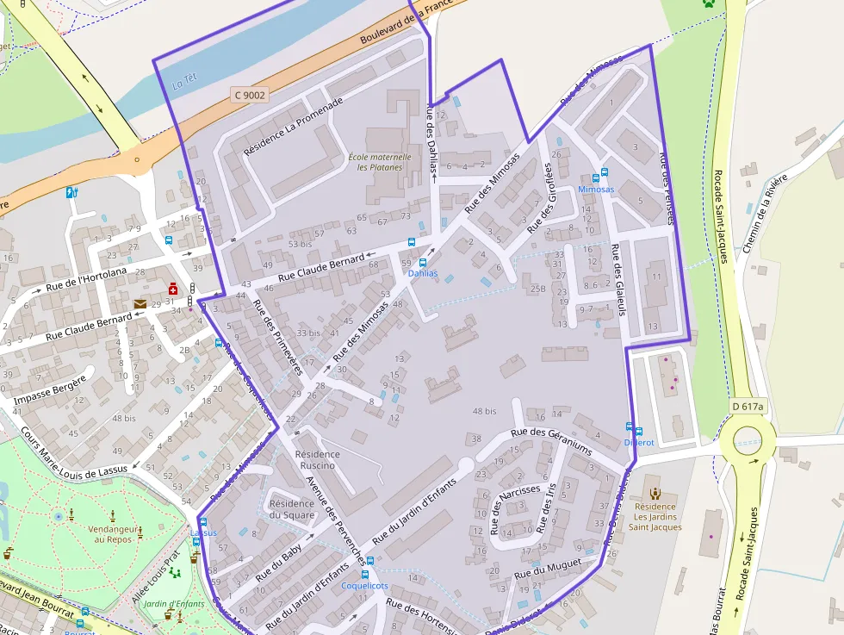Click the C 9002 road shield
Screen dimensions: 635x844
250,95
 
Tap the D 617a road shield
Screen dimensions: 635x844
748,406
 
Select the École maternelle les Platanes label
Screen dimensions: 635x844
380,162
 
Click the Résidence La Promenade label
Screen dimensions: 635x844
293,126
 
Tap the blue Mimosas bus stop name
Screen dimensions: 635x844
596,189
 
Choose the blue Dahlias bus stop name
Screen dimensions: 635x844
423,273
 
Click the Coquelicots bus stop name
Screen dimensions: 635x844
365,585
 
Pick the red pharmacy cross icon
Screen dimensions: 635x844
173,289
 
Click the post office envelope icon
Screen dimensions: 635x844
140,304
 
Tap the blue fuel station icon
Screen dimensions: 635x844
71,193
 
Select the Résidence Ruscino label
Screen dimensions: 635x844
317,459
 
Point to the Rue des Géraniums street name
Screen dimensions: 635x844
551,441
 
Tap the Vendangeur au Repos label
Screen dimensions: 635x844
101,533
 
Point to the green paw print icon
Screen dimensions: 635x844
709,3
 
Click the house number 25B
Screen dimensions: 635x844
538,288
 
